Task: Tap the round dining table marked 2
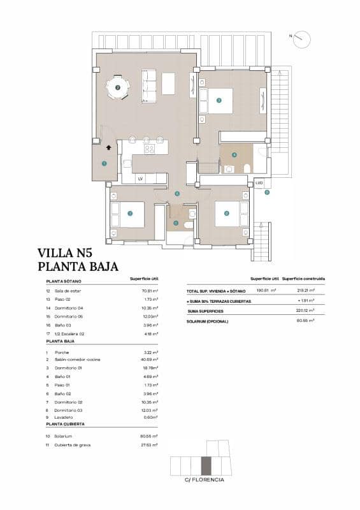point(117,87)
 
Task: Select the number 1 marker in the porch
point(104,163)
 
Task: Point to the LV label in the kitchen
point(140,178)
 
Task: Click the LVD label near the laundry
point(259,183)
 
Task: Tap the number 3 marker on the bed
point(219,100)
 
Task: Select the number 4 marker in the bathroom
point(234,154)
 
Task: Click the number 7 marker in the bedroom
point(130,214)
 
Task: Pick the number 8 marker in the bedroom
point(226,214)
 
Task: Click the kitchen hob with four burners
point(150,149)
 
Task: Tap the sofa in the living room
point(148,85)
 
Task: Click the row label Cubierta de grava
point(72,444)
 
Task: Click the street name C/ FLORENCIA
point(204,480)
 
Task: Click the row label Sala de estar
point(68,291)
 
